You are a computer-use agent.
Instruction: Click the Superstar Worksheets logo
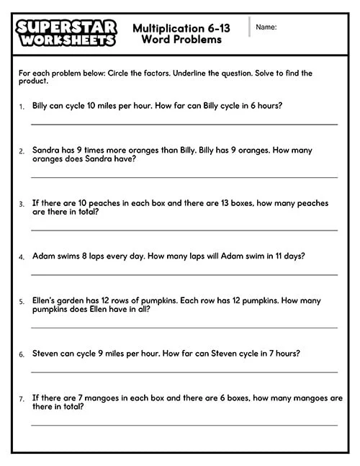tap(65, 32)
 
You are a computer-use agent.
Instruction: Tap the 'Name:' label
tap(266, 27)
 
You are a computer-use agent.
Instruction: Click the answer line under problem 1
tap(184, 124)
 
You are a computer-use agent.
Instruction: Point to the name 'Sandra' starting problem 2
tap(46, 151)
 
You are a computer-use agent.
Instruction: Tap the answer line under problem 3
tap(184, 230)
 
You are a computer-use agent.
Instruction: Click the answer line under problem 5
tap(184, 327)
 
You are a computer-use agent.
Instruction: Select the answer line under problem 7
tap(184, 425)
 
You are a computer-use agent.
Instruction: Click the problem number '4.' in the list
tap(22, 256)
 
